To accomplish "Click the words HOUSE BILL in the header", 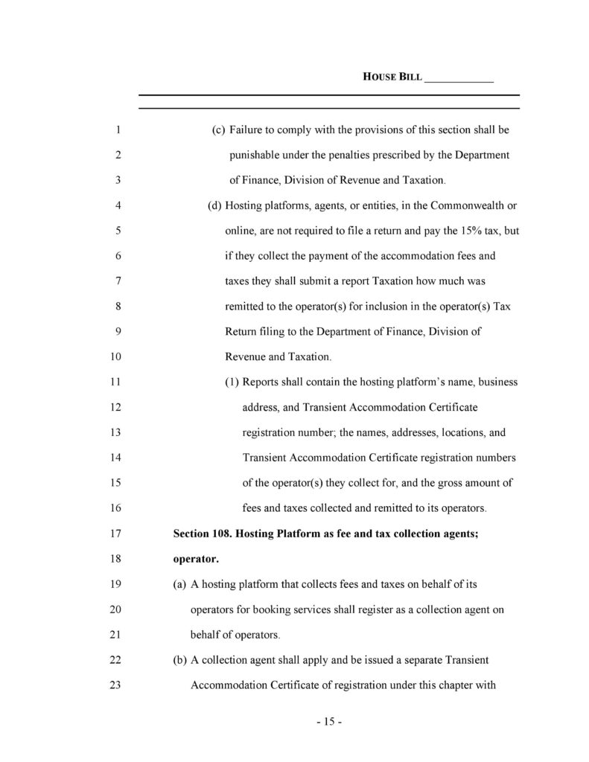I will point(392,77).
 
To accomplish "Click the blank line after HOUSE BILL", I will point(459,78).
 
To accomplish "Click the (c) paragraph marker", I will point(218,130).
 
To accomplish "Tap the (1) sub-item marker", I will point(232,382).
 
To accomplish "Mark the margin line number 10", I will point(115,356).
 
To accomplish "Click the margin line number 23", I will point(115,684).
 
